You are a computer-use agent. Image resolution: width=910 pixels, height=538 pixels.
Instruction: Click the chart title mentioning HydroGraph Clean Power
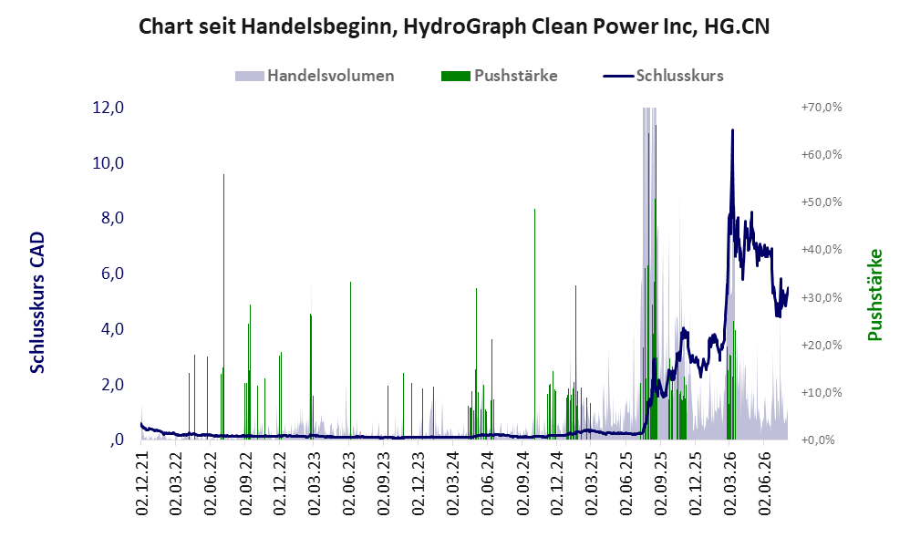pyautogui.click(x=454, y=26)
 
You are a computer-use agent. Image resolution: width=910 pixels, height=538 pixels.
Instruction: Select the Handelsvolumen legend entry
pyautogui.click(x=315, y=76)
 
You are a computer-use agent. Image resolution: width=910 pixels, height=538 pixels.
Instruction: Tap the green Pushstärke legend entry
pyautogui.click(x=499, y=76)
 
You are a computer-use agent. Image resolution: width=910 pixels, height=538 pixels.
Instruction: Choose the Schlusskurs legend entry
pyautogui.click(x=663, y=76)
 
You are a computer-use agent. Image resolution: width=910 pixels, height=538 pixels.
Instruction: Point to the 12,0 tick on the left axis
pyautogui.click(x=108, y=108)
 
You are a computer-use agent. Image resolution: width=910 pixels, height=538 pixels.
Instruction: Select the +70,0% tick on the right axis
pyautogui.click(x=822, y=108)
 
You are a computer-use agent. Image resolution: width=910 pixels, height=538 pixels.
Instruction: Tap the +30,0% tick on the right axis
pyautogui.click(x=822, y=297)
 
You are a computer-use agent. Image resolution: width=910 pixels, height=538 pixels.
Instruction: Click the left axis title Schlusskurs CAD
pyautogui.click(x=37, y=303)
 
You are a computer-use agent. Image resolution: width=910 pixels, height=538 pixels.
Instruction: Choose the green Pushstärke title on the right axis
pyautogui.click(x=875, y=295)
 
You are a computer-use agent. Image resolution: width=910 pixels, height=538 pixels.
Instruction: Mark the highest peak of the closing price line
pyautogui.click(x=732, y=130)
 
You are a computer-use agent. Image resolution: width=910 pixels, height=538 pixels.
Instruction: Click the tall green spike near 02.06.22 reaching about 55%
pyautogui.click(x=224, y=306)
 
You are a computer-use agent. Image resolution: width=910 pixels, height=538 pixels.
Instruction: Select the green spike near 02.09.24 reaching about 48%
pyautogui.click(x=534, y=324)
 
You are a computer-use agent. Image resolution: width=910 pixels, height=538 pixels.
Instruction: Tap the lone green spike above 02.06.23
pyautogui.click(x=350, y=360)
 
